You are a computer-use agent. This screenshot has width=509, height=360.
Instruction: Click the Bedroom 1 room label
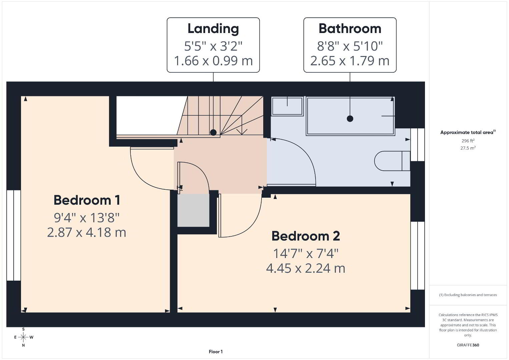click(87, 200)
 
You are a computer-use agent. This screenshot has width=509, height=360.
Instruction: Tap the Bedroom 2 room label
click(306, 236)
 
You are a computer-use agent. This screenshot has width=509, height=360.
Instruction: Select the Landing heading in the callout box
click(213, 29)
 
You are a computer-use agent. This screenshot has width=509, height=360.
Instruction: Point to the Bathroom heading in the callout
click(350, 29)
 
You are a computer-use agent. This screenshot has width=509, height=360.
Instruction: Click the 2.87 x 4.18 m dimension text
click(87, 232)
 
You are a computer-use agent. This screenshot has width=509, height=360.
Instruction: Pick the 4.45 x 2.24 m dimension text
click(306, 268)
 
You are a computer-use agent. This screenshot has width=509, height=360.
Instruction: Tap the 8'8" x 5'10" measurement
click(350, 46)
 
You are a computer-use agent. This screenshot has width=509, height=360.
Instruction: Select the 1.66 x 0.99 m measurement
click(213, 61)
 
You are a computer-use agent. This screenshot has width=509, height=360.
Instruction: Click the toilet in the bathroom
click(392, 161)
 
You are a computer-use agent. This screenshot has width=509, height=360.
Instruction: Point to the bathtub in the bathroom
click(350, 116)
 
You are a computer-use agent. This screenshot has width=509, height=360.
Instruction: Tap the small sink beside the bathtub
click(288, 106)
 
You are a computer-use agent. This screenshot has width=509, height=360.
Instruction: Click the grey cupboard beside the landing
click(193, 210)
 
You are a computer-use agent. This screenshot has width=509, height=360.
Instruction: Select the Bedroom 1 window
click(14, 235)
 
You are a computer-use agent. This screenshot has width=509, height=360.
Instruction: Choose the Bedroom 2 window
click(418, 256)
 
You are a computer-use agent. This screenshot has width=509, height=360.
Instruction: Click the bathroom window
click(418, 145)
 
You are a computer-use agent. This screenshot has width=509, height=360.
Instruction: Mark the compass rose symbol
click(23, 337)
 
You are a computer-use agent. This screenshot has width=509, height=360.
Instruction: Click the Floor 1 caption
click(216, 352)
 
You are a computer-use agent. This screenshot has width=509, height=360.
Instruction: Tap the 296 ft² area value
click(468, 141)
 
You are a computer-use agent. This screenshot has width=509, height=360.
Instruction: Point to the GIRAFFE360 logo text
click(468, 345)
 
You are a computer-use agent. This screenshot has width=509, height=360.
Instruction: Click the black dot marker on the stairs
click(213, 132)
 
